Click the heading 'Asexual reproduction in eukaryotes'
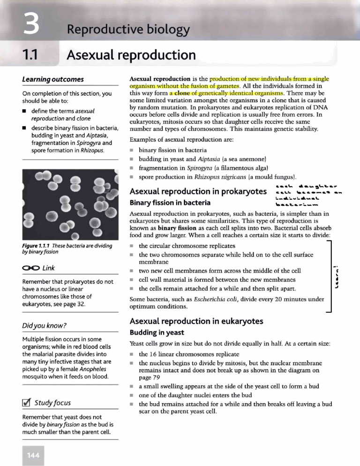(196, 321)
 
